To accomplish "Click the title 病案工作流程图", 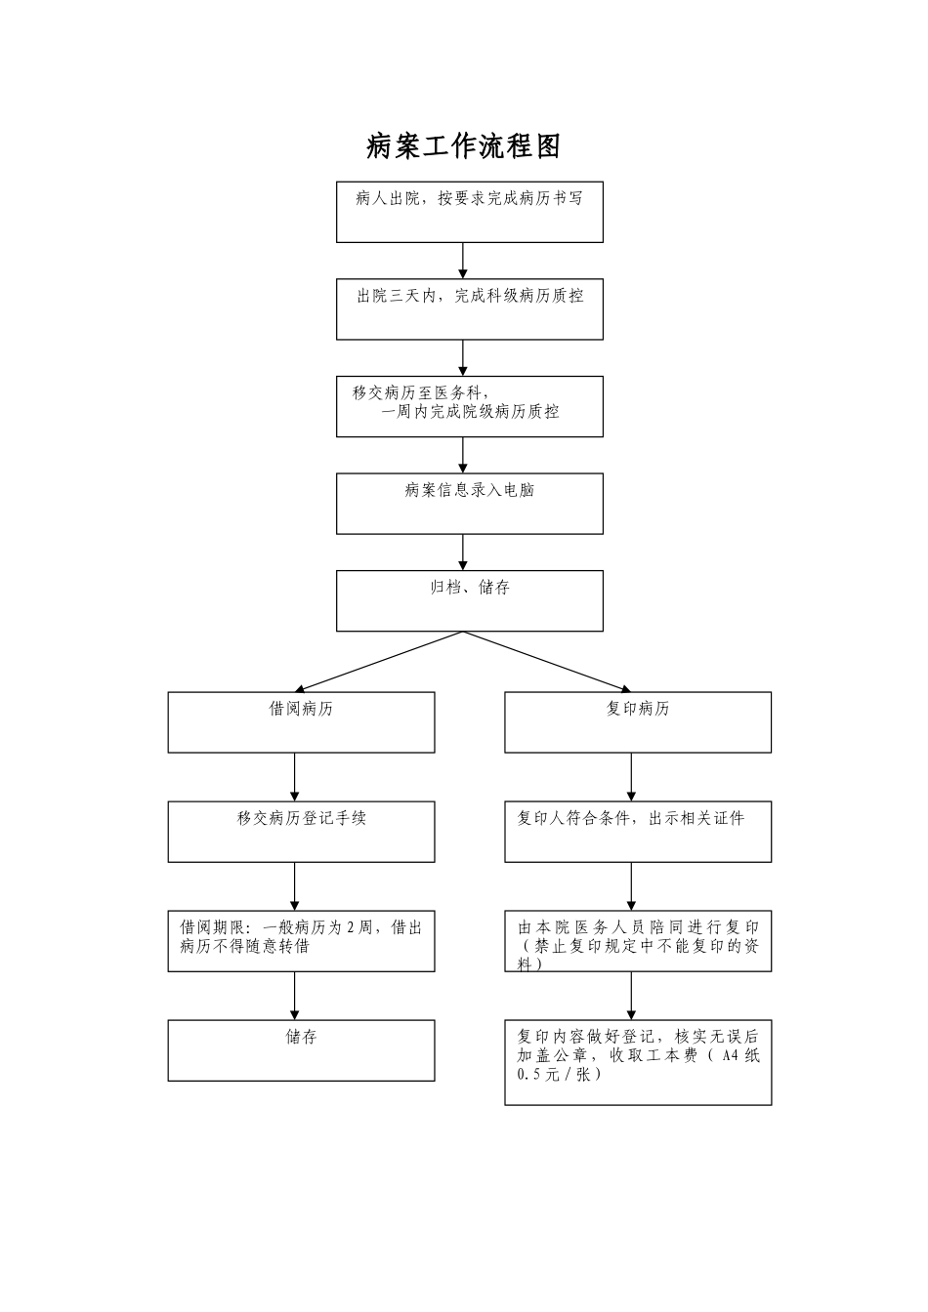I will (463, 146).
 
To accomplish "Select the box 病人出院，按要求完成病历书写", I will (469, 212).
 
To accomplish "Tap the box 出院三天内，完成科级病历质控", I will (469, 309).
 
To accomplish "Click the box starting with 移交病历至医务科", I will (469, 406).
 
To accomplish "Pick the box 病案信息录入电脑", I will (469, 504).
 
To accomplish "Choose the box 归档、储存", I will (469, 600).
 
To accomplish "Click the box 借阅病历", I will (301, 722).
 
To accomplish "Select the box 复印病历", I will (637, 722).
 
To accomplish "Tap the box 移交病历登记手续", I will (301, 832).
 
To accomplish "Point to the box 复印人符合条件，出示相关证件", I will (637, 832).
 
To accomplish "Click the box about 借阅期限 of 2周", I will (301, 941).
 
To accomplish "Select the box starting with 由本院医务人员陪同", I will (637, 941).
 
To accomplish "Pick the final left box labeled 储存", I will (301, 1050).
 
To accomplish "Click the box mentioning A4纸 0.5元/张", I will (637, 1062).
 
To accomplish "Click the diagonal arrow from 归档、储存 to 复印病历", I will (547, 662).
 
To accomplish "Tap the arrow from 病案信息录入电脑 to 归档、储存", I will (463, 553).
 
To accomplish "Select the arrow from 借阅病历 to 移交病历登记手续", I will (295, 777).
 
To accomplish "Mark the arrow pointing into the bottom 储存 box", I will (295, 996).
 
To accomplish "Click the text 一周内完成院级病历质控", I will (471, 412).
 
